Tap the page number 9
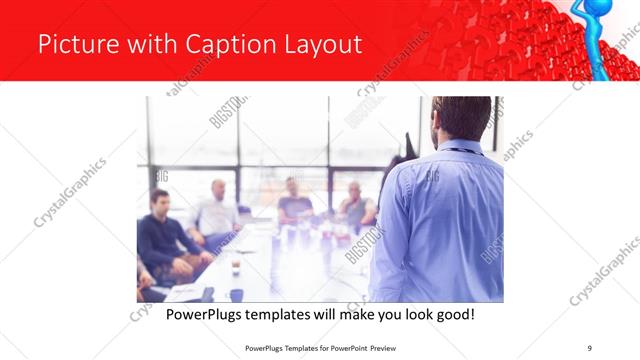590,348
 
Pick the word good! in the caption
452,315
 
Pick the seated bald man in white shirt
218,210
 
